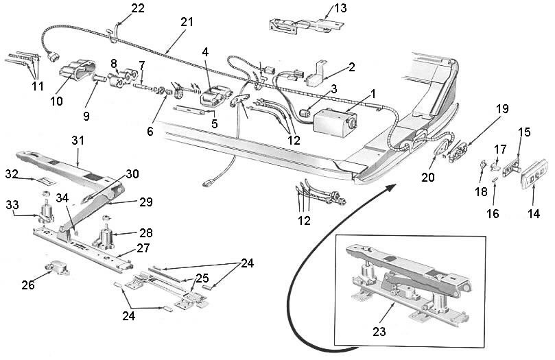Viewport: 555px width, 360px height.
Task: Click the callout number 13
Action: (340, 8)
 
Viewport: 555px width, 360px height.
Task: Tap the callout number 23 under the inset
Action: (379, 332)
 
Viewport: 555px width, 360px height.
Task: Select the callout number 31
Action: (78, 141)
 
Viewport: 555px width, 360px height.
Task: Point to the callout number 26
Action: (28, 285)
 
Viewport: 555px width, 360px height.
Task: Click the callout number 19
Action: (501, 109)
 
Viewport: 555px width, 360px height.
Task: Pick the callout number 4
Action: (205, 52)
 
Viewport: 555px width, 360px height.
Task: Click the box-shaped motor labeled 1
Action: (334, 121)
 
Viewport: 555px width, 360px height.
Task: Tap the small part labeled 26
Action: (58, 267)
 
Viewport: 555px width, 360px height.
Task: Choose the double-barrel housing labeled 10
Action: (78, 69)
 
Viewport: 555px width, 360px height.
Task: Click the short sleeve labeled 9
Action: (99, 77)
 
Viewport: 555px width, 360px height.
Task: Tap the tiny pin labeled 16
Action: (495, 179)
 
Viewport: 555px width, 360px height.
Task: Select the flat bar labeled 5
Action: (190, 110)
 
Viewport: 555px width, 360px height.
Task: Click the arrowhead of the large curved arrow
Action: (391, 187)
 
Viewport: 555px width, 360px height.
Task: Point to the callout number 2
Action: (351, 67)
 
